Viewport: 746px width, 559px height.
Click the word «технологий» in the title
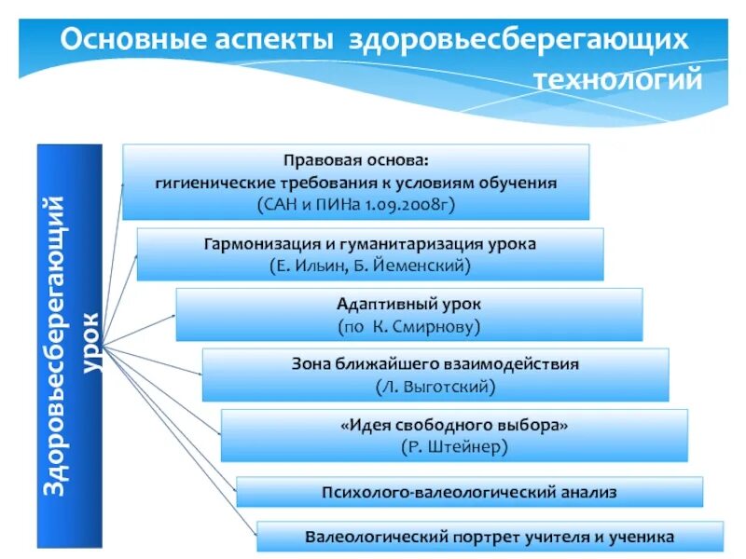[617, 80]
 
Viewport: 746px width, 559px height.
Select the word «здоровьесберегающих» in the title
[519, 40]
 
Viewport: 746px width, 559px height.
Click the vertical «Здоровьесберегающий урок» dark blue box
[70, 346]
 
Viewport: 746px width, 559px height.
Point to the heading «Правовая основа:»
[356, 160]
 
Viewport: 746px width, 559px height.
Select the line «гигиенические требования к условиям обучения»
[356, 182]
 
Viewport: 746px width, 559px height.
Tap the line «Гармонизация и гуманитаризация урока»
[370, 244]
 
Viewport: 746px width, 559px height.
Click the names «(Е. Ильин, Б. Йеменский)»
[370, 266]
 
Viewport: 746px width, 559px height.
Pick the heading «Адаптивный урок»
[408, 305]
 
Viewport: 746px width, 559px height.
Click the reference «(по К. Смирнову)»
[408, 326]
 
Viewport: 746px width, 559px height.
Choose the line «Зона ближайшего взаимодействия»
[435, 364]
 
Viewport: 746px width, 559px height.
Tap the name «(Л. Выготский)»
[435, 386]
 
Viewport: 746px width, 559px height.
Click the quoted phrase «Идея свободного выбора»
[454, 425]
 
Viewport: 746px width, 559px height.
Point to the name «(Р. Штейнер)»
[454, 446]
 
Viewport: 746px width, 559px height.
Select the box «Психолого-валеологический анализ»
[469, 491]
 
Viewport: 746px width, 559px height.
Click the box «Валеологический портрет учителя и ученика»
[490, 537]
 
